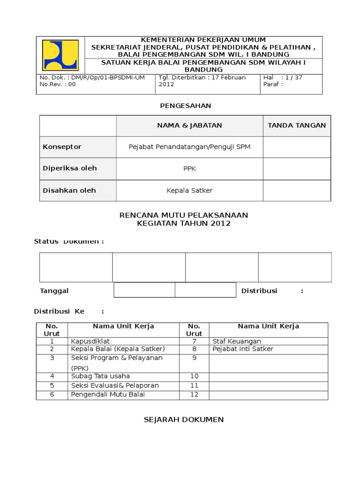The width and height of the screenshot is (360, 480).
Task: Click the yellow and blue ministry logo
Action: point(60,55)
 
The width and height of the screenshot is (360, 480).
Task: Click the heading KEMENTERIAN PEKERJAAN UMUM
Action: point(203,40)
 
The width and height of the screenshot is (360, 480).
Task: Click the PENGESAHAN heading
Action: point(186,105)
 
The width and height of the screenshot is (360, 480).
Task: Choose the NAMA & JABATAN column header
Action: point(189,125)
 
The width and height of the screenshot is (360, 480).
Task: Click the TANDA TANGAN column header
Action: point(297,125)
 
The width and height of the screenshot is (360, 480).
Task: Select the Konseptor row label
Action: point(62,147)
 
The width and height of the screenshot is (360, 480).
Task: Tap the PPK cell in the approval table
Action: point(189,169)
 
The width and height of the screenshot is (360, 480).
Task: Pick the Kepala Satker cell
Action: point(189,190)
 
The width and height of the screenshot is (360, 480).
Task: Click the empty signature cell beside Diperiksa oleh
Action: point(297,169)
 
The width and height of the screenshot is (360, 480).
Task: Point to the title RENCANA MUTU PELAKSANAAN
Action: point(183,215)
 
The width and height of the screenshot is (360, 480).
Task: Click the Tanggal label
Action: point(54,291)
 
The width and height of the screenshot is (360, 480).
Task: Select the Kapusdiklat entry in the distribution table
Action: point(90,341)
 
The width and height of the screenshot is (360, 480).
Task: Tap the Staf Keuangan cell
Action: point(237,341)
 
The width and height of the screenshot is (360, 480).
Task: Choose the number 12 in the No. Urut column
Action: point(194,394)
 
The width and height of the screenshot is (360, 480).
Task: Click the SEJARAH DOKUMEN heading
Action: point(183,420)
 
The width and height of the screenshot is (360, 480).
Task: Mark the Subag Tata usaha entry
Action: point(100,376)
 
